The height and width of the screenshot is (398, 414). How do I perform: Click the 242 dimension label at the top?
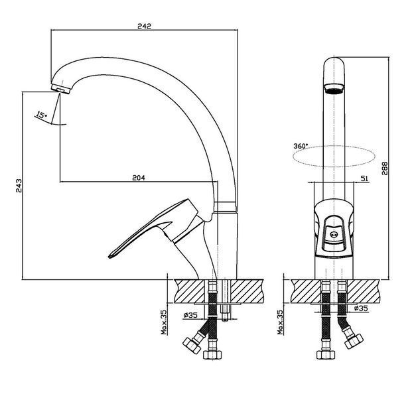point(144,26)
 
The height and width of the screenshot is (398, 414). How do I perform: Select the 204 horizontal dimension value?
point(139,178)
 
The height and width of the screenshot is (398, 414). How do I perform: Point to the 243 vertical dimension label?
point(19,186)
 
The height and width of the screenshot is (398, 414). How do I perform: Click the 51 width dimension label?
point(364,178)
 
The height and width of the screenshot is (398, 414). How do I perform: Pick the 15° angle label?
point(41,115)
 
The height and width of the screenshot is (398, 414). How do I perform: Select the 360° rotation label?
point(301,146)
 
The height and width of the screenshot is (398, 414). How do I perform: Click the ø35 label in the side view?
point(190,315)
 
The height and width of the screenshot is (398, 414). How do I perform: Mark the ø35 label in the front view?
point(361,308)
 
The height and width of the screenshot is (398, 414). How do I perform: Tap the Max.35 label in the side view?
point(165,322)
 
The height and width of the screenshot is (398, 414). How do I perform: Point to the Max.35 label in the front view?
point(280,322)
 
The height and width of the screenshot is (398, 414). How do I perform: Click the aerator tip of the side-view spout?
point(60,89)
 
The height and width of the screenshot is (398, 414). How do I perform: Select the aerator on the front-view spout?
point(334,89)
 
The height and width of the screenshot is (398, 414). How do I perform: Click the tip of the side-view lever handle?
point(110,256)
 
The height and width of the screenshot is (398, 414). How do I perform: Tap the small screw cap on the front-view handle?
point(334,233)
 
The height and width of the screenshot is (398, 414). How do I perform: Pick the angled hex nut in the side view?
point(192,346)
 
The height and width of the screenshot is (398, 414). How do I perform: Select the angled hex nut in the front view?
point(354,341)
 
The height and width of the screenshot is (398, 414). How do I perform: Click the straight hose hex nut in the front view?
point(326,354)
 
